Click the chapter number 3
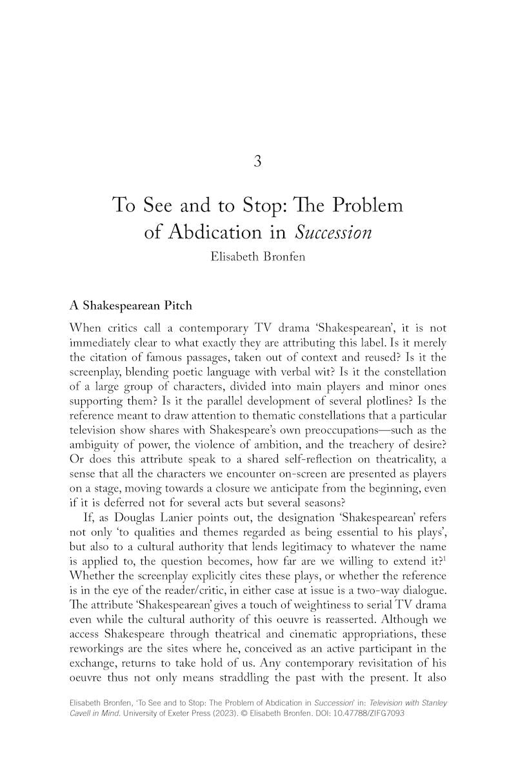pos(257,162)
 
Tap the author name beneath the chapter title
pos(257,257)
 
